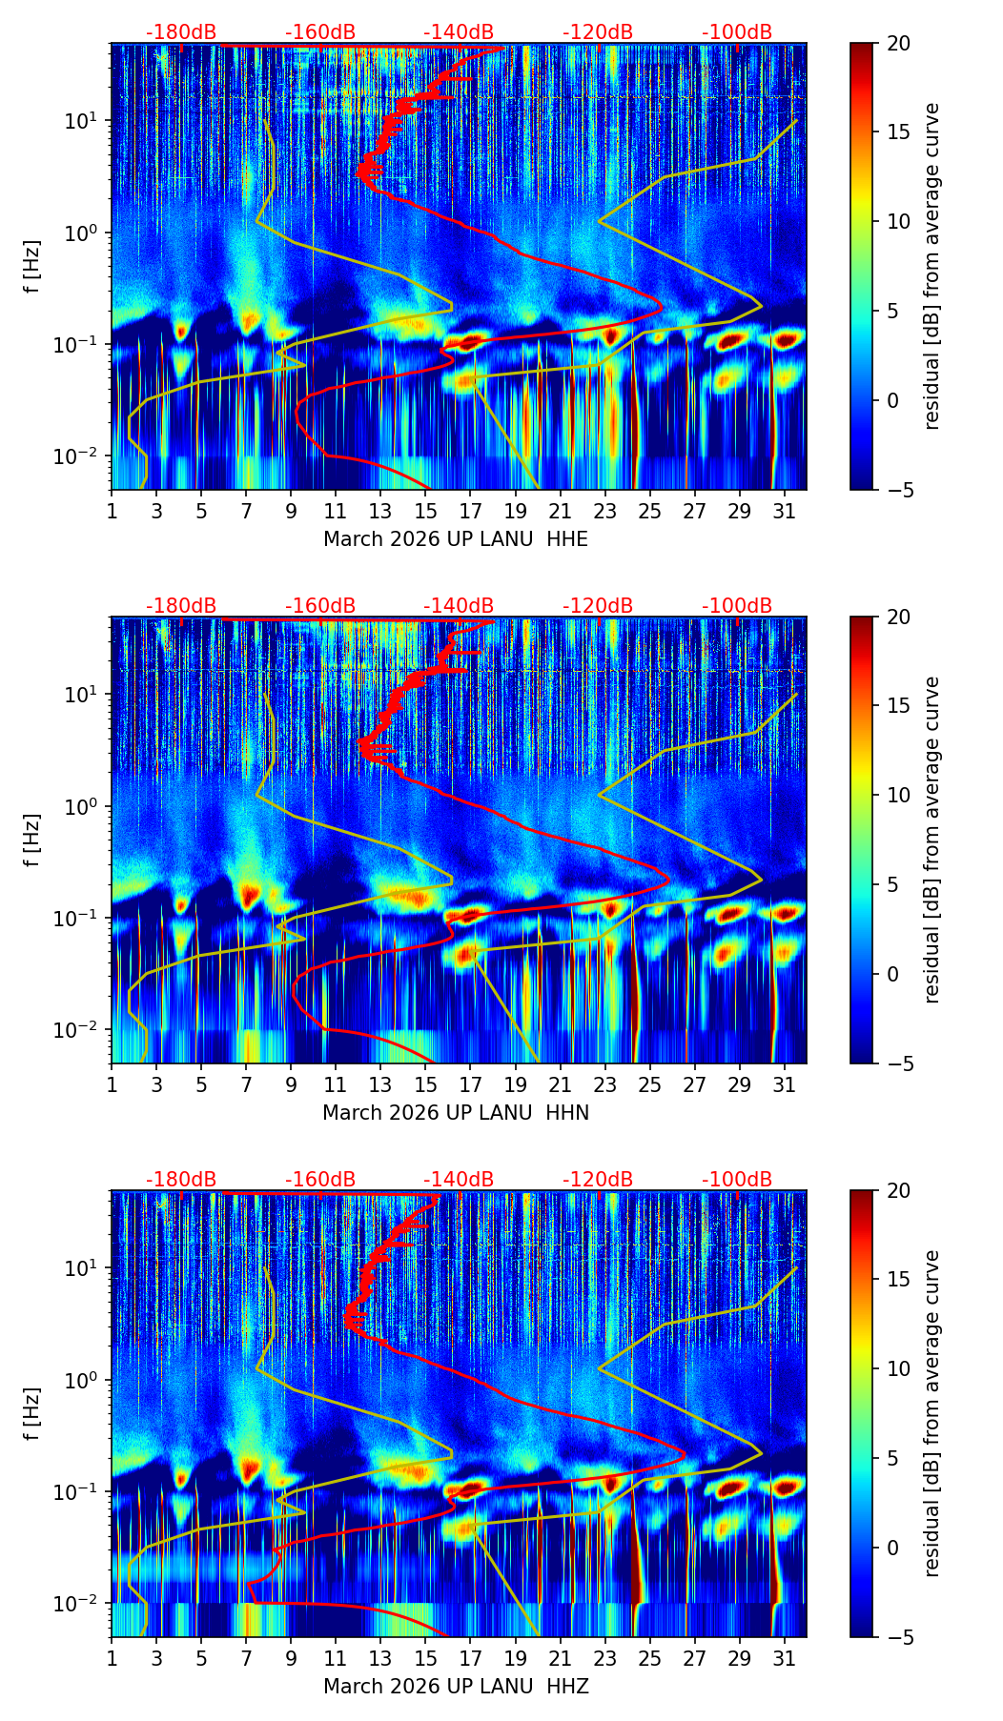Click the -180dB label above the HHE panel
tap(181, 32)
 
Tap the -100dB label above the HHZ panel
tap(737, 1180)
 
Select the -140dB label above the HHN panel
tap(459, 606)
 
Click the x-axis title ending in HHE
tap(455, 539)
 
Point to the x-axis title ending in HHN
tap(455, 1113)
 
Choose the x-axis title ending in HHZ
tap(455, 1687)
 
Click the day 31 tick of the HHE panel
tap(785, 512)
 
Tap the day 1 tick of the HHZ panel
tap(113, 1659)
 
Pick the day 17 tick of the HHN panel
tap(471, 1085)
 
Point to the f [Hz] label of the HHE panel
tap(32, 267)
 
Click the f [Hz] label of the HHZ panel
tap(32, 1414)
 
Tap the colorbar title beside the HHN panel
tap(932, 840)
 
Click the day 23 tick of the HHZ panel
tap(605, 1659)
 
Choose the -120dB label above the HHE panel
tap(598, 32)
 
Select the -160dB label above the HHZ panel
tap(320, 1180)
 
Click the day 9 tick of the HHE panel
tap(292, 512)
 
